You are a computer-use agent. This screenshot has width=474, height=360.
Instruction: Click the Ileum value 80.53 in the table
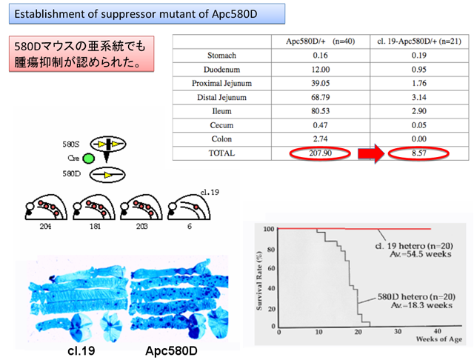coord(320,111)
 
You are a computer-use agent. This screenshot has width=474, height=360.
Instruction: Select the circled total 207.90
coord(320,153)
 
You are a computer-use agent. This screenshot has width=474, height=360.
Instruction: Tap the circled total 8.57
coord(418,153)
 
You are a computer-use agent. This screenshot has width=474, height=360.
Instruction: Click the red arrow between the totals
coord(371,153)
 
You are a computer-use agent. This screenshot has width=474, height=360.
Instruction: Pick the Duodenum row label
coord(221,70)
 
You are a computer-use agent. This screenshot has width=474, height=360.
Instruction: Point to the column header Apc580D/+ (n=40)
coord(320,41)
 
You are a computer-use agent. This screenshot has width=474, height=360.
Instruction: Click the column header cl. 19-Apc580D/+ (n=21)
coord(419,41)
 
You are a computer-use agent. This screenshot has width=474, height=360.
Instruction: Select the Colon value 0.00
coord(418,139)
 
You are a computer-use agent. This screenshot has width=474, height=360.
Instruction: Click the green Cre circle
coord(89,159)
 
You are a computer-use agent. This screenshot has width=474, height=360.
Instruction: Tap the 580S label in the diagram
coord(71,144)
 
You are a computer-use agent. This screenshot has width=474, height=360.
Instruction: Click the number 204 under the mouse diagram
coord(45,227)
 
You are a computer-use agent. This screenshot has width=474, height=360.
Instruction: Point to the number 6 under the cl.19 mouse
coord(190,227)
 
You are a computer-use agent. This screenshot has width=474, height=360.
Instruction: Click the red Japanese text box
coord(81,54)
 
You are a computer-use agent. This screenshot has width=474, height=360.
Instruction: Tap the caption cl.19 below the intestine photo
coord(81,350)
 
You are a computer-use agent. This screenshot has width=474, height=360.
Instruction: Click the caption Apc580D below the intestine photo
coord(171,350)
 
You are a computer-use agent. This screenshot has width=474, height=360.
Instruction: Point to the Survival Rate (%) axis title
coord(259,281)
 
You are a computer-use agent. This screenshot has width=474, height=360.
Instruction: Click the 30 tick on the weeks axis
coord(398,332)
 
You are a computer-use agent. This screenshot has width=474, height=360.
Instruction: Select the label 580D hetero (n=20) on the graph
coord(416,297)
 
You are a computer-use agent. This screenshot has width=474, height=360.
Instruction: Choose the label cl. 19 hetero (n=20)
coord(414,246)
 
